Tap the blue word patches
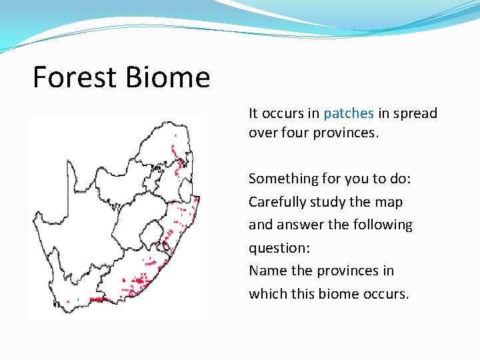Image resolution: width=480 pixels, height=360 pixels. pos(348,113)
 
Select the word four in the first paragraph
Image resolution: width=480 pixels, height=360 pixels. pos(295,133)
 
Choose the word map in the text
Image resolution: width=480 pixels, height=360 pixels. pos(390,202)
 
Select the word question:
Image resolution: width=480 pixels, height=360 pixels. pos(279,248)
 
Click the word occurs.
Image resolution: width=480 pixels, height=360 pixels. pos(385,294)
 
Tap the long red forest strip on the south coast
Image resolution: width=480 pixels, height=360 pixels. pos(100,299)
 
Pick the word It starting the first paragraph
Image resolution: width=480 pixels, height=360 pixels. pos(254,113)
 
